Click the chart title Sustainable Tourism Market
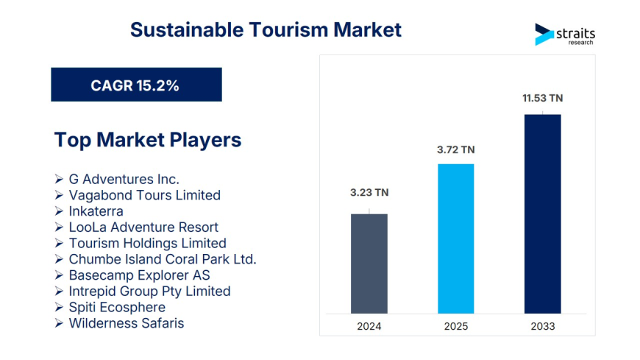[x=266, y=29]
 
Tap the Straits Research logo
[x=564, y=35]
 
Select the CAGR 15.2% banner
[x=136, y=85]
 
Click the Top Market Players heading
[x=147, y=139]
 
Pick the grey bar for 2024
[x=369, y=263]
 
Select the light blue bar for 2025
[x=456, y=238]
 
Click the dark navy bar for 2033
[x=542, y=213]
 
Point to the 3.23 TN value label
[x=369, y=193]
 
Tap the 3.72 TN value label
[x=456, y=149]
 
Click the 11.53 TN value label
[x=542, y=97]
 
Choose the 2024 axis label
[x=369, y=326]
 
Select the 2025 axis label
[x=456, y=326]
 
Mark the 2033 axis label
[x=542, y=326]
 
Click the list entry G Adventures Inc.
[x=124, y=179]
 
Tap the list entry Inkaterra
[x=96, y=211]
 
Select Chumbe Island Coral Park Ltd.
[x=162, y=259]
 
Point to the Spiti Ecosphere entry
[x=117, y=307]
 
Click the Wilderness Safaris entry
[x=126, y=323]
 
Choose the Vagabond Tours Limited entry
[x=144, y=195]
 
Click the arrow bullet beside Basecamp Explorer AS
[x=59, y=275]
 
